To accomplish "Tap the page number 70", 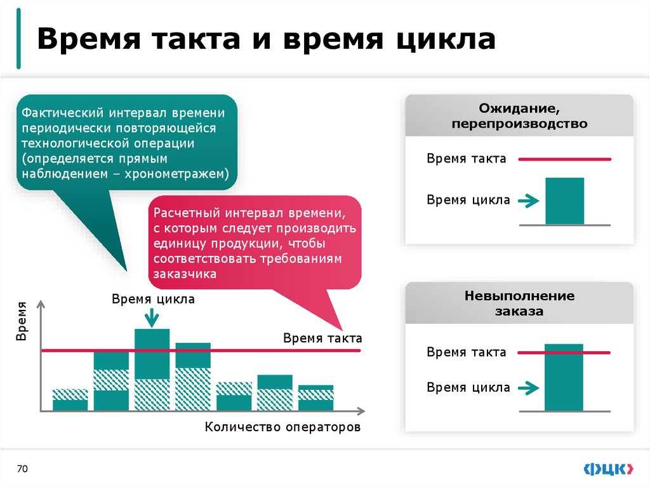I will (x=23, y=469).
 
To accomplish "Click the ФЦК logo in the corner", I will (x=607, y=469).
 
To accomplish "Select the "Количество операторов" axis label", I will (x=282, y=427).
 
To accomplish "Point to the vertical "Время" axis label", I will (x=22, y=321).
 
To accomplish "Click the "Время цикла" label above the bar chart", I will (x=154, y=299).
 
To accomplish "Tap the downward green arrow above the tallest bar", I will (x=152, y=316).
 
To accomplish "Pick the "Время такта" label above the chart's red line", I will (x=322, y=338).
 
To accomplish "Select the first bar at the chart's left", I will (x=70, y=400).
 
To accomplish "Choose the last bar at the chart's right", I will (x=315, y=398).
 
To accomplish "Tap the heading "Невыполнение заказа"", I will (x=519, y=304).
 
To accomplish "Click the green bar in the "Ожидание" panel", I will (x=564, y=201).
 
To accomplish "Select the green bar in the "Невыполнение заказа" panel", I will (x=564, y=377).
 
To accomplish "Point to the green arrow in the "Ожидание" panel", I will (x=528, y=202).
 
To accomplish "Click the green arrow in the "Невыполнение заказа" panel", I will (x=528, y=387).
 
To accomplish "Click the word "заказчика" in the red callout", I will (x=184, y=274).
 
